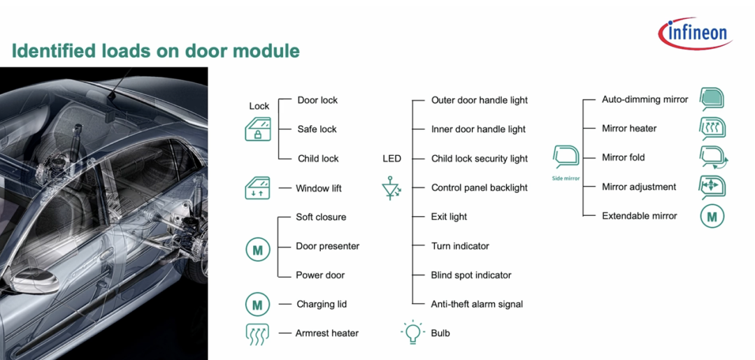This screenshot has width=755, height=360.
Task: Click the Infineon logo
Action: click(695, 34)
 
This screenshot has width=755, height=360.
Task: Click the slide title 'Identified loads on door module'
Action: click(155, 50)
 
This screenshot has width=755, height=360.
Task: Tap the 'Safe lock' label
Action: click(317, 129)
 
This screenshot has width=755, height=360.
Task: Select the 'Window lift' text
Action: click(318, 188)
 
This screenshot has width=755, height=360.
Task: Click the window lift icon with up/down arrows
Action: click(257, 188)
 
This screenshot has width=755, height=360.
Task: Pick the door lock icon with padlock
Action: click(257, 129)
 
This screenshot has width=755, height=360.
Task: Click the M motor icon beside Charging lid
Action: click(257, 304)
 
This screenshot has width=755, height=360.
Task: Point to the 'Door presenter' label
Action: click(327, 246)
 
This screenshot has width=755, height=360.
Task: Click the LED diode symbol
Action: click(391, 188)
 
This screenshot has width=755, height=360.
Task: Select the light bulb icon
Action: click(412, 333)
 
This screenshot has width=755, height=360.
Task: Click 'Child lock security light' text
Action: click(480, 159)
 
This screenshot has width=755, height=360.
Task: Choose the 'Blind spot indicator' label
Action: click(471, 275)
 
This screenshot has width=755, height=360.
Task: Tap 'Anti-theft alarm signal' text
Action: click(477, 304)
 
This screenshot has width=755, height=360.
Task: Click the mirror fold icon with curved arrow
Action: click(712, 158)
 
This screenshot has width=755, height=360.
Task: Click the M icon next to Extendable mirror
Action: click(712, 217)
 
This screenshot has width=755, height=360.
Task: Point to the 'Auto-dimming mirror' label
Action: click(645, 100)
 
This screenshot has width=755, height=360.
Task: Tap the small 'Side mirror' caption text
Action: click(566, 178)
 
